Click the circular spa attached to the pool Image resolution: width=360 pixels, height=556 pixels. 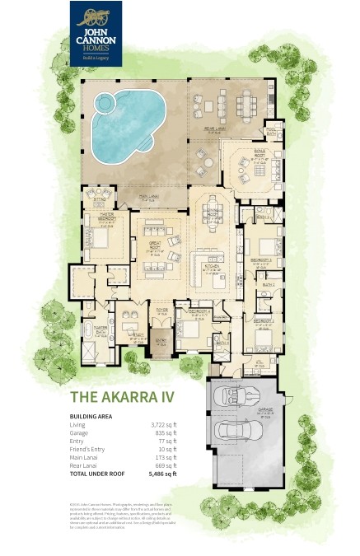click(104, 104)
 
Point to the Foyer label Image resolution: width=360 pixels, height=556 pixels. click(162, 311)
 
